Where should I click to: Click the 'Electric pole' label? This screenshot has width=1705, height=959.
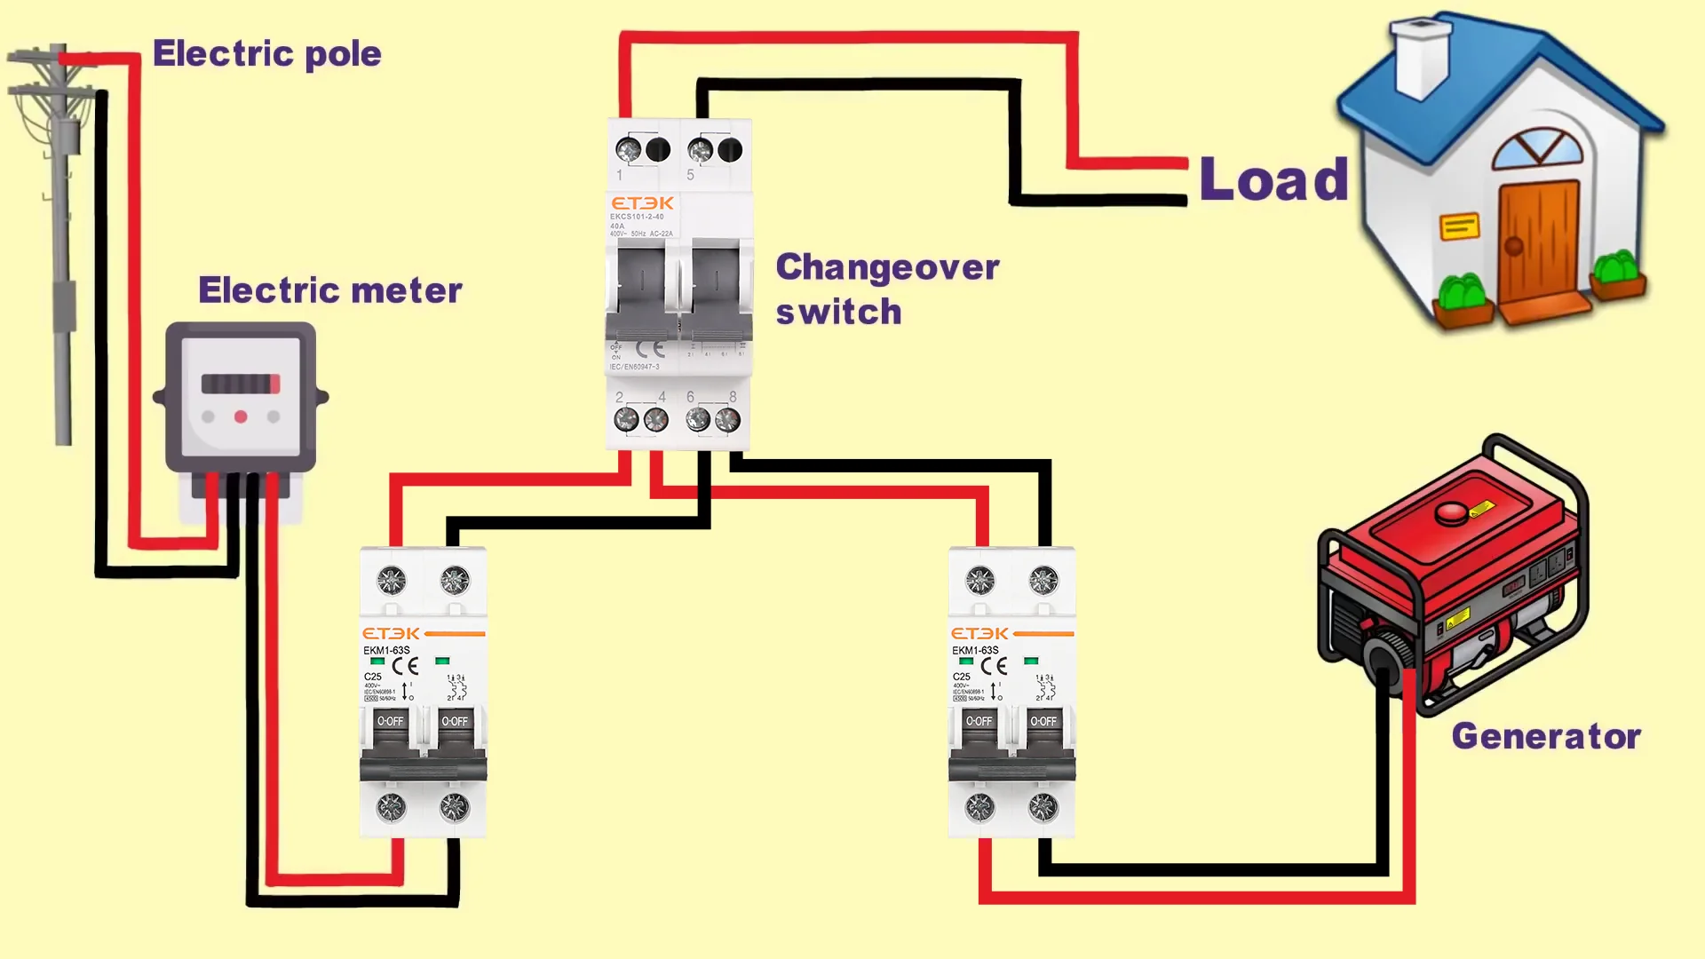point(266,54)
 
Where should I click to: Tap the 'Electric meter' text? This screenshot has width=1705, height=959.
point(329,290)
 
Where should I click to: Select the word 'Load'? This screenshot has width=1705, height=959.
point(1273,180)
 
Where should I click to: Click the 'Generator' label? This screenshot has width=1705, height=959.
point(1545,736)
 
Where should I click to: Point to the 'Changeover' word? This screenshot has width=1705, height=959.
point(887,267)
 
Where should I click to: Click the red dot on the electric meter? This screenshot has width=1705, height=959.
point(241,416)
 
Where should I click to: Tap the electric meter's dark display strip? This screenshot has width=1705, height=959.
point(240,384)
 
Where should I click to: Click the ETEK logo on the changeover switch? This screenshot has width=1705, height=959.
point(642,203)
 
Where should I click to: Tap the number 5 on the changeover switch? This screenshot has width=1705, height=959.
point(690,175)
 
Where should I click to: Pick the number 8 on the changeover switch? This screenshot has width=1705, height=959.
point(733,397)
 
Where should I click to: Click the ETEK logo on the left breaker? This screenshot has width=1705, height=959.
point(391,633)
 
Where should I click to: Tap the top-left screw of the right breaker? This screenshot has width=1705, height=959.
point(979,581)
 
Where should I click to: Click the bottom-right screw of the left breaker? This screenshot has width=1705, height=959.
point(455,807)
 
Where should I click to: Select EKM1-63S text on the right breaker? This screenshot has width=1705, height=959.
point(975,650)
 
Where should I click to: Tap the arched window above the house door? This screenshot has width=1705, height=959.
point(1537,149)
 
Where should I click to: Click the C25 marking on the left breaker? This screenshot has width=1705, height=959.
point(372,677)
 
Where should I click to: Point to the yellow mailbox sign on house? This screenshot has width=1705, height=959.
point(1459,227)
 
